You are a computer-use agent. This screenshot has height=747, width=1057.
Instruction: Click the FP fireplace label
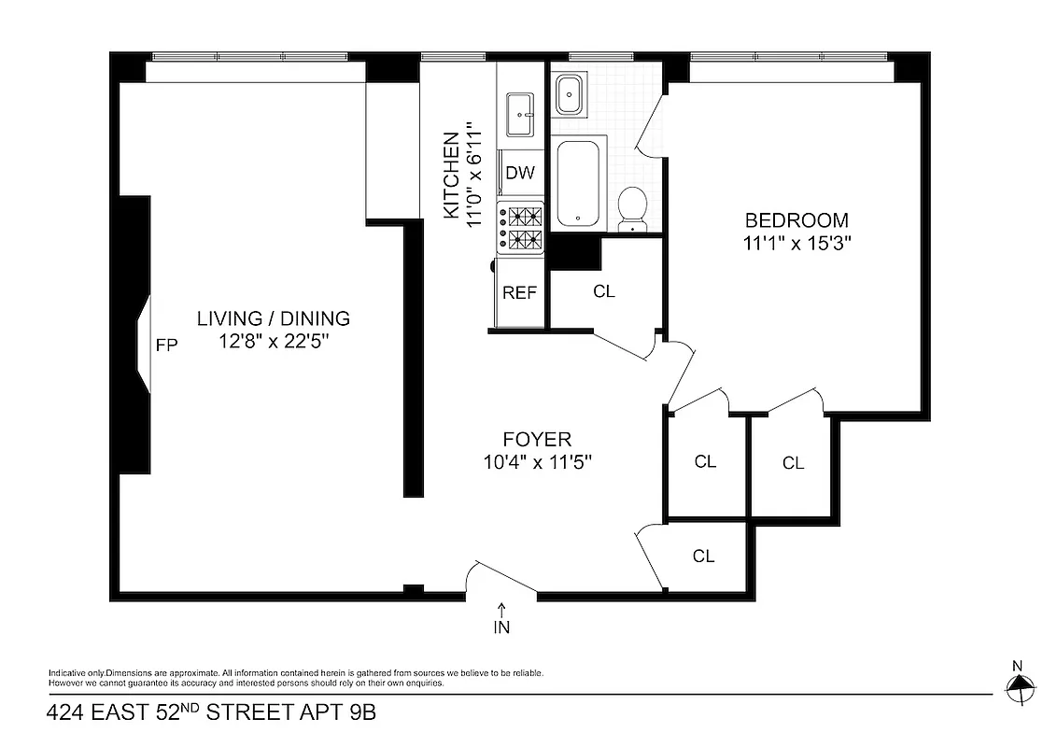(166, 345)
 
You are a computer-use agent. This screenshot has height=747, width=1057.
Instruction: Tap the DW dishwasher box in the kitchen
(519, 173)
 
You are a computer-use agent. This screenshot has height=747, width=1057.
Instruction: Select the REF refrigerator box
(519, 292)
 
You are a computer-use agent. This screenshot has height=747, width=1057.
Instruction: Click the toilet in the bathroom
(633, 207)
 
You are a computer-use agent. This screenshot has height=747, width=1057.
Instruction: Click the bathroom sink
(570, 94)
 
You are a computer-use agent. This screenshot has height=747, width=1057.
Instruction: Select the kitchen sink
(519, 113)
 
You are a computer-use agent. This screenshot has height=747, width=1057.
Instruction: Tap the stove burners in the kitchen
(522, 228)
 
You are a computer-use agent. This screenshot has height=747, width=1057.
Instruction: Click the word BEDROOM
(796, 221)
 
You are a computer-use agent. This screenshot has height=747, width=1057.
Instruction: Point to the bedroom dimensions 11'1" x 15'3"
(796, 243)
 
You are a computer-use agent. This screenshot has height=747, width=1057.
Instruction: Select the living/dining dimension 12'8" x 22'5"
(273, 342)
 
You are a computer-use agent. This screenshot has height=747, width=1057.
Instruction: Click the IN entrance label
(501, 627)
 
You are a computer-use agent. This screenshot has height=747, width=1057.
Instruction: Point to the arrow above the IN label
(501, 609)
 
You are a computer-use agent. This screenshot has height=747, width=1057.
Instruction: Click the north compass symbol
(1019, 688)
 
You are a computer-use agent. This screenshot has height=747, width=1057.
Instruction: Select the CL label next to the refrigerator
(604, 291)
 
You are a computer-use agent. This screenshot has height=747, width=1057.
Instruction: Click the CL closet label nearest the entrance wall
(703, 557)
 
